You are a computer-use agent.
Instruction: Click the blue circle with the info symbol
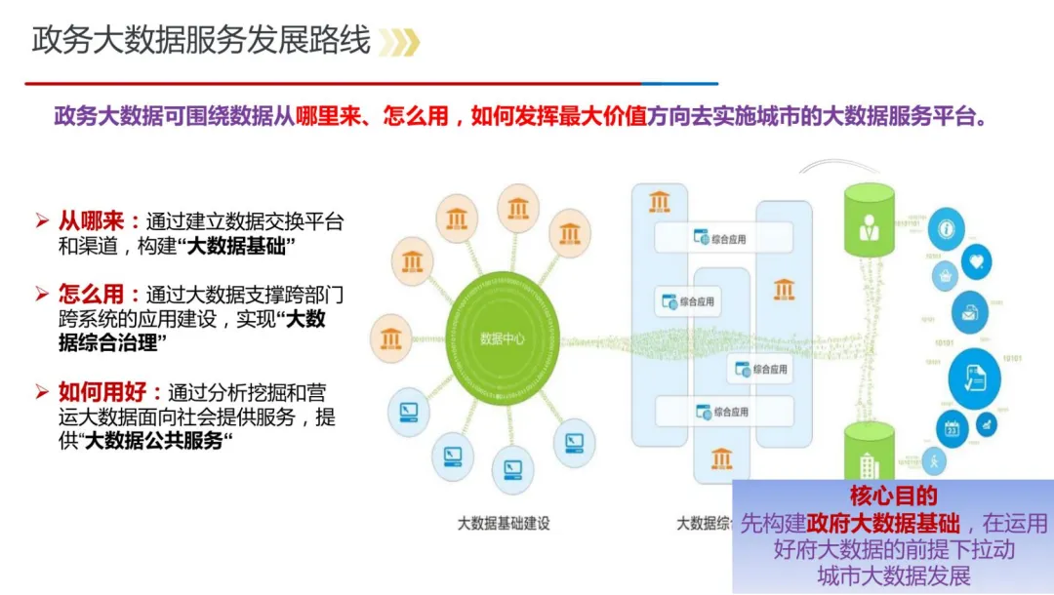[946, 230]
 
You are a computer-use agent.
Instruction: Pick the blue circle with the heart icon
[976, 260]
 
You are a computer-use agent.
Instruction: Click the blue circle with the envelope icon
[970, 313]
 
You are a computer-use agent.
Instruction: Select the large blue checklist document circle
[974, 378]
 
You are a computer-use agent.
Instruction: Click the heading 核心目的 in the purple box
[893, 496]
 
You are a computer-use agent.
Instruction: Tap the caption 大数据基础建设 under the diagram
[504, 523]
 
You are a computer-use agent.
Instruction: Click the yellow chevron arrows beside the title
[399, 42]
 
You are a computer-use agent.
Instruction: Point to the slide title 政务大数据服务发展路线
[201, 41]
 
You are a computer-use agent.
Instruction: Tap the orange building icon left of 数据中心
[391, 338]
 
